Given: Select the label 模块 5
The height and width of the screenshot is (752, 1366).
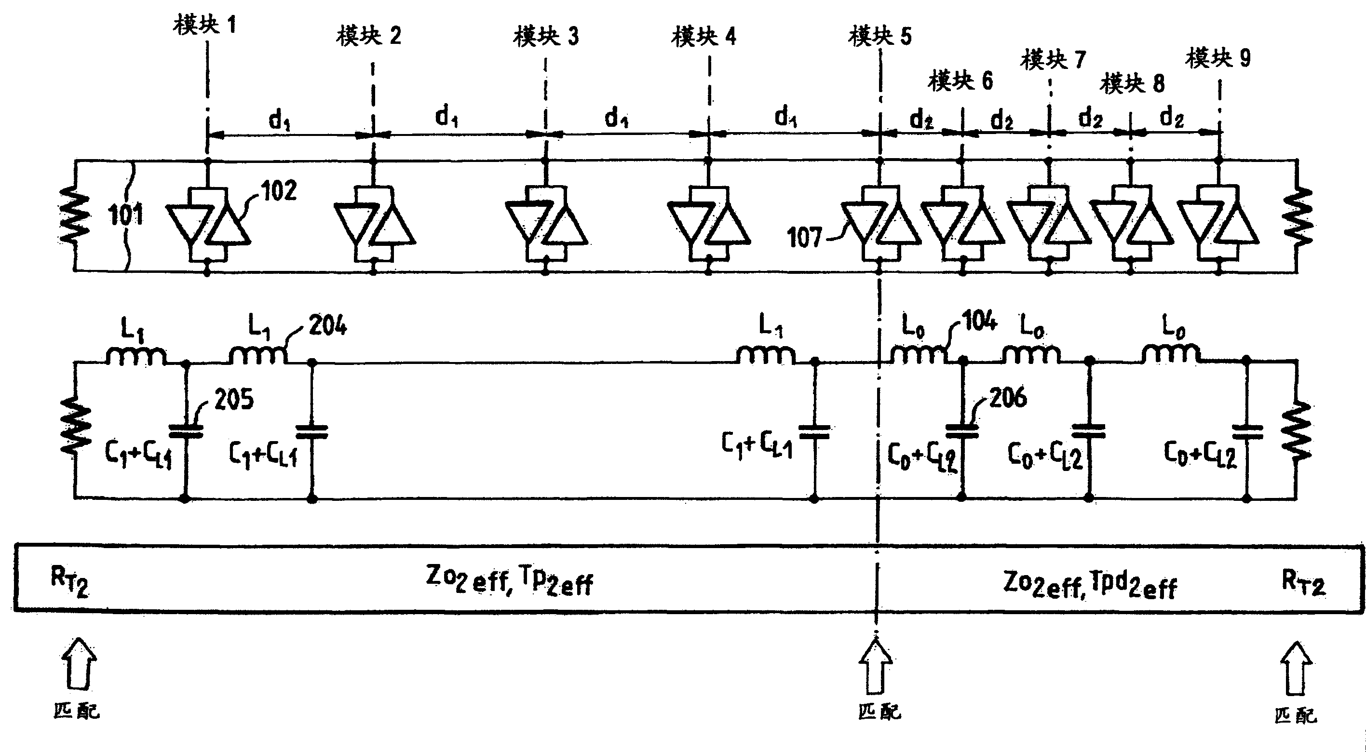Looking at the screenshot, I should pyautogui.click(x=880, y=36).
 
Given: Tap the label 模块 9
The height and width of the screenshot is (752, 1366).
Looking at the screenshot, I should pyautogui.click(x=1218, y=58).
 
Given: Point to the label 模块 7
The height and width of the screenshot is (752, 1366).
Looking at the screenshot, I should pyautogui.click(x=1053, y=59).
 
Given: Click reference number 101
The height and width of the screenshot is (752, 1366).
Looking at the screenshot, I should pyautogui.click(x=126, y=215).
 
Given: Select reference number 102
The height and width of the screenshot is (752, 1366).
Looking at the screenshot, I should pyautogui.click(x=279, y=191).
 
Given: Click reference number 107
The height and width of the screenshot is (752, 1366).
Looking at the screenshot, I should pyautogui.click(x=804, y=238).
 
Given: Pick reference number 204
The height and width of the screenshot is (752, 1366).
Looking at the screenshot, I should pyautogui.click(x=328, y=325).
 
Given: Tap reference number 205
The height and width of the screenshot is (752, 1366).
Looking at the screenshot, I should pyautogui.click(x=234, y=399).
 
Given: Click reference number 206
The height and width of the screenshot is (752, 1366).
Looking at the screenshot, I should pyautogui.click(x=1008, y=397).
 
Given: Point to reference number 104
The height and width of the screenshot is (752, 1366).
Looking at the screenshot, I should pyautogui.click(x=979, y=322).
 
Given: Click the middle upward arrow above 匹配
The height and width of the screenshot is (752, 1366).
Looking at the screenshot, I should pyautogui.click(x=876, y=667).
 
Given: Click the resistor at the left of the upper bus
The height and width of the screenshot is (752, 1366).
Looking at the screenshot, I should pyautogui.click(x=75, y=216).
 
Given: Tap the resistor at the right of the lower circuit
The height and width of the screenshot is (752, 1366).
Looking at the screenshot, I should pyautogui.click(x=1296, y=430).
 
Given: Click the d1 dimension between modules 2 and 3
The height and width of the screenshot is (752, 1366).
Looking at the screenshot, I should pyautogui.click(x=446, y=116).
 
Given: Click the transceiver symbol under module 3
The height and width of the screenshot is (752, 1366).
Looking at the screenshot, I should pyautogui.click(x=546, y=223).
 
